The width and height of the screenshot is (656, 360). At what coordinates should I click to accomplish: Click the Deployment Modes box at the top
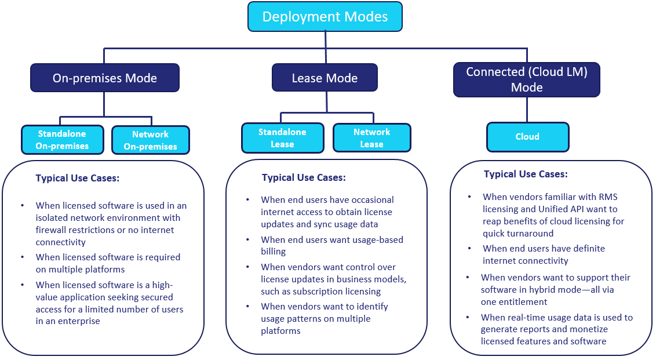tap(325, 16)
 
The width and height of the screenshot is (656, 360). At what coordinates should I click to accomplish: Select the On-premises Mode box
tap(105, 78)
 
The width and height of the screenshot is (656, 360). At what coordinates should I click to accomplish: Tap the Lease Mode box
tap(325, 78)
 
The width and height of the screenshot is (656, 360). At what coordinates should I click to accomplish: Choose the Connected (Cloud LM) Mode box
tap(526, 79)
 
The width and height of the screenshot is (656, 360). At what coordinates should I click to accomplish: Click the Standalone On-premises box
tap(62, 140)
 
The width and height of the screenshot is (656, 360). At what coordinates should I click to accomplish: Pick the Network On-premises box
tap(150, 140)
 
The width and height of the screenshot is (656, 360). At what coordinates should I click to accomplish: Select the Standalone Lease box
tap(282, 138)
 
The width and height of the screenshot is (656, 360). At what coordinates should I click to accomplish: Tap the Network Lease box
tap(371, 138)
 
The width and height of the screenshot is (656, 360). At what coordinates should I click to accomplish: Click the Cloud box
tap(527, 137)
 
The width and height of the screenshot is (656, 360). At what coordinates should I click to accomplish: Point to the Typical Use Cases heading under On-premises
tap(78, 178)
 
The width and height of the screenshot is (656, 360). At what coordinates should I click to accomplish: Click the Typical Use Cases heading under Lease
tap(304, 177)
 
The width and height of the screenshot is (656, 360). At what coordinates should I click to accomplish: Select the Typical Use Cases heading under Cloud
tap(526, 174)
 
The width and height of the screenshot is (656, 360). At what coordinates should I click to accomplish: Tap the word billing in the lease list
tap(274, 252)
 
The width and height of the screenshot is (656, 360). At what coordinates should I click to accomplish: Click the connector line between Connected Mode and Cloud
tap(527, 109)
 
